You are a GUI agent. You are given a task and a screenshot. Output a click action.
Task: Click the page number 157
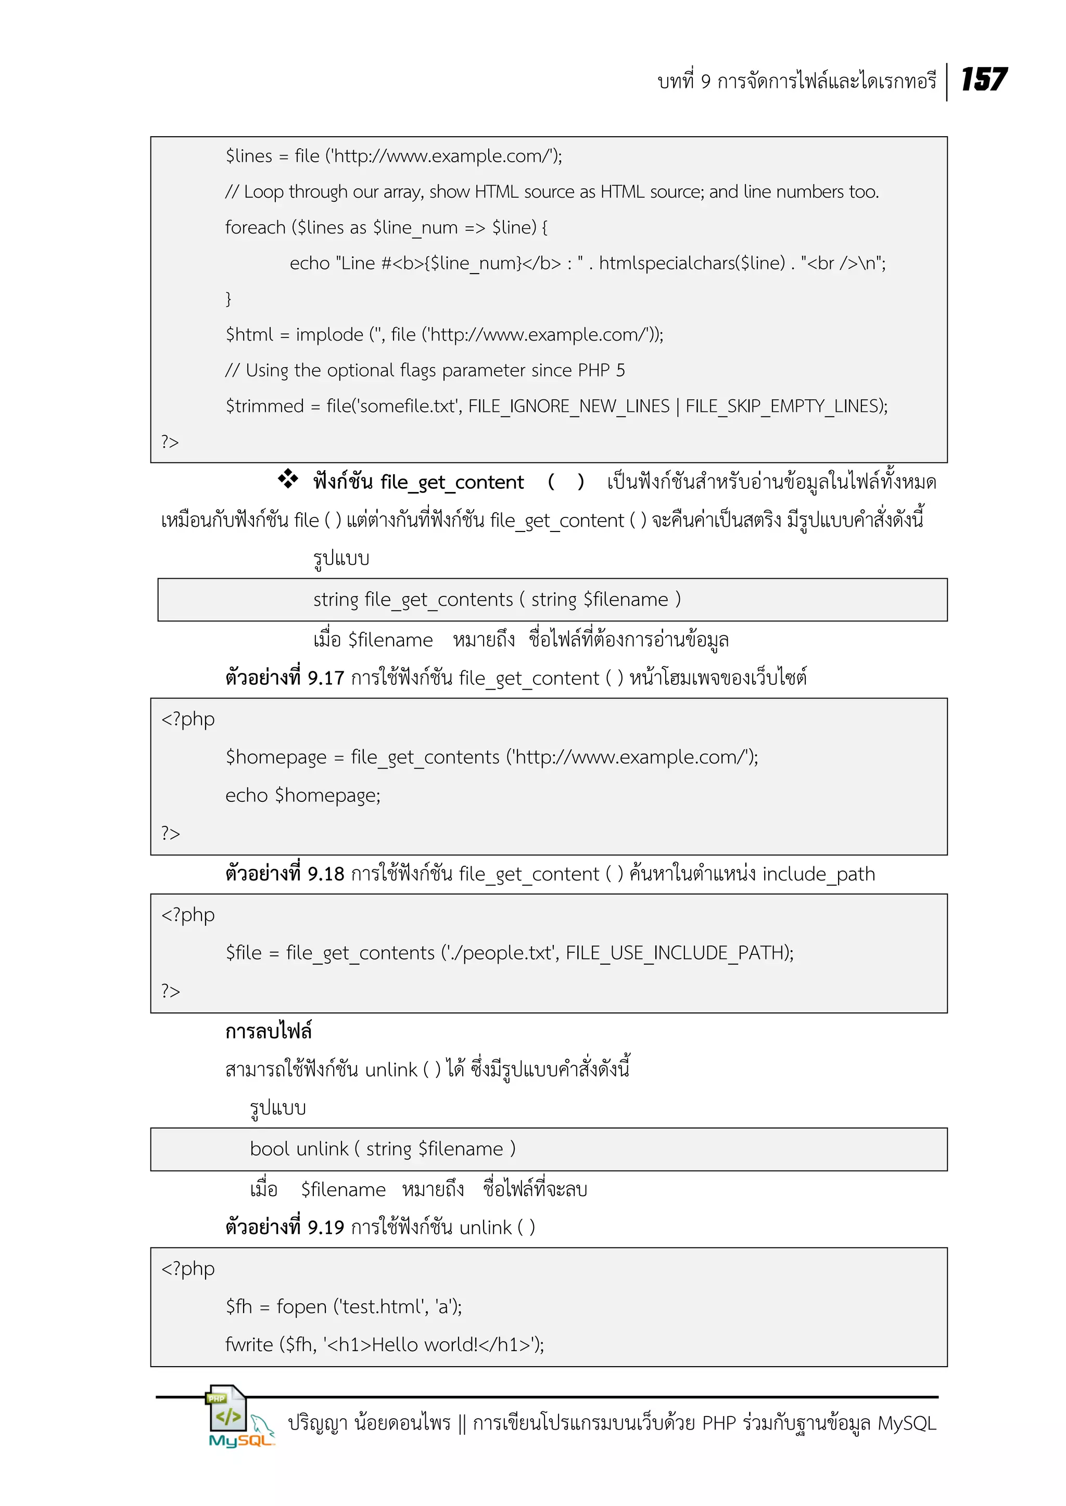click(x=983, y=80)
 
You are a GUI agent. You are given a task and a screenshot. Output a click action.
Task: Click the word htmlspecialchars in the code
click(x=691, y=263)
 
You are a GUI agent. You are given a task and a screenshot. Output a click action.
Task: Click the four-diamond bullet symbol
click(x=287, y=479)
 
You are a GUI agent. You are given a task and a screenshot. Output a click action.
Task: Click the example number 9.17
click(x=325, y=678)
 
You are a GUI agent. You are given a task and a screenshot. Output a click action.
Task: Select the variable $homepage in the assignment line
click(x=276, y=757)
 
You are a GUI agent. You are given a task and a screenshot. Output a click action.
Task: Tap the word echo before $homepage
click(x=246, y=795)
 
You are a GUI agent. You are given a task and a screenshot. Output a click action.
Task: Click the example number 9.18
click(x=325, y=874)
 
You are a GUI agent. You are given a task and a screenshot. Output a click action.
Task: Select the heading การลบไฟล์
click(x=268, y=1031)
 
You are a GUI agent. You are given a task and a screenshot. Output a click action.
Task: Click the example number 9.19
click(x=325, y=1227)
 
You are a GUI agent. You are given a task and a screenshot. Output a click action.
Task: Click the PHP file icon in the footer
click(x=226, y=1408)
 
